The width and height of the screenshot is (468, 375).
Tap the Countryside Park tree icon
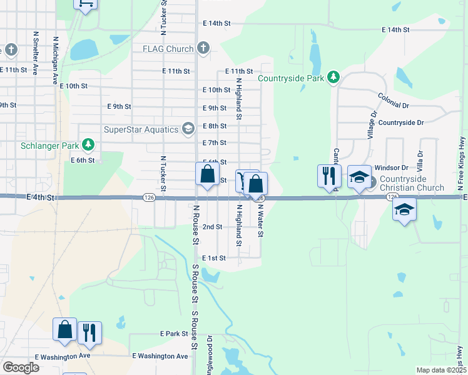click(334, 77)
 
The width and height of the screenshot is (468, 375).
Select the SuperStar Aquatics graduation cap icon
click(187, 129)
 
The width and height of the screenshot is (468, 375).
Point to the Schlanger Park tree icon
click(88, 146)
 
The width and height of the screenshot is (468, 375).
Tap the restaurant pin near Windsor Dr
click(329, 176)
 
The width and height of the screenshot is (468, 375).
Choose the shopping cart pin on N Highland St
click(242, 181)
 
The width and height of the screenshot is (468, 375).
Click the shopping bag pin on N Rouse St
click(207, 174)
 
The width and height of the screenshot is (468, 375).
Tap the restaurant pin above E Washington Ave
click(89, 334)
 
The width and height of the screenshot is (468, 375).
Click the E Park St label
click(174, 334)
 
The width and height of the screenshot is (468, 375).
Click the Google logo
click(20, 367)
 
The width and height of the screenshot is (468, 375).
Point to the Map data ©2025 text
click(440, 370)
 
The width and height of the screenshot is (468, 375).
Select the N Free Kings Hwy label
click(460, 168)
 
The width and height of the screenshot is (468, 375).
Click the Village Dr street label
click(372, 125)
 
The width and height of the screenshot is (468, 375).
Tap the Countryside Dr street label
click(401, 123)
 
